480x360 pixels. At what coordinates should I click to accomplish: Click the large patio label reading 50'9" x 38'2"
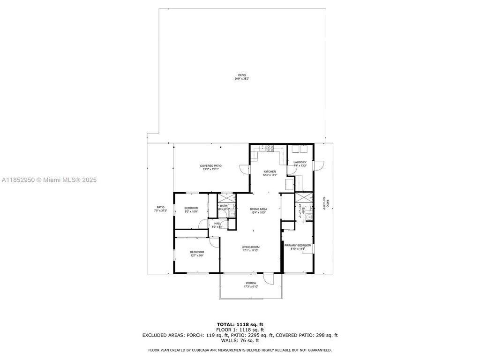tap(241, 77)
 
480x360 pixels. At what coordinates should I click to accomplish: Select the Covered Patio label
tap(210, 167)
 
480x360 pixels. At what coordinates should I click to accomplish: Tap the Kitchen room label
tap(270, 173)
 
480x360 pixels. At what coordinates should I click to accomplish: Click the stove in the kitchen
tap(270, 149)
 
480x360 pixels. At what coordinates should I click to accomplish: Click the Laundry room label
tap(300, 164)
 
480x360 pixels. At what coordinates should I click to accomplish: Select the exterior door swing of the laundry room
tap(319, 165)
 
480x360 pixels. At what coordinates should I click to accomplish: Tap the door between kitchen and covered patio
tap(244, 170)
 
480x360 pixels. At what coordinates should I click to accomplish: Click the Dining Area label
tap(258, 210)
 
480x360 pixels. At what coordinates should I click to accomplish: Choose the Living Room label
tap(251, 248)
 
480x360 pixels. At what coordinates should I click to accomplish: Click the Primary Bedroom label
tap(298, 247)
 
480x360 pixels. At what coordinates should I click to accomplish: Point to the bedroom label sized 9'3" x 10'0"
tap(191, 210)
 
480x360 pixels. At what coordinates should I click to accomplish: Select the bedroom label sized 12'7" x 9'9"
tap(197, 254)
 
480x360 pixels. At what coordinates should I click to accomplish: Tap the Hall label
tap(217, 225)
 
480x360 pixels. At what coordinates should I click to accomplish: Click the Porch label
tap(251, 285)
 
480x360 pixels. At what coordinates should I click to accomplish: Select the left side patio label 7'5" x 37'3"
tap(160, 209)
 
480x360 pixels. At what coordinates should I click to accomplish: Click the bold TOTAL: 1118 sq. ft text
tap(240, 324)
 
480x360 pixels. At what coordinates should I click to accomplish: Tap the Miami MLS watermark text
tap(49, 180)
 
